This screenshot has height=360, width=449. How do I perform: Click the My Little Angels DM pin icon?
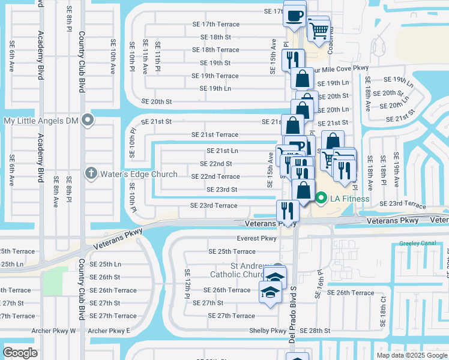(x=88, y=121)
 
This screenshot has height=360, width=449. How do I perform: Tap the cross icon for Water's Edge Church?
(x=91, y=174)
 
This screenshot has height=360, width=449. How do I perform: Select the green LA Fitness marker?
(x=321, y=198)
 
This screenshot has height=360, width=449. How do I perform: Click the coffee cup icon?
(x=294, y=16)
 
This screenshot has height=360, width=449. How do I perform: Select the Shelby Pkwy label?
(x=268, y=331)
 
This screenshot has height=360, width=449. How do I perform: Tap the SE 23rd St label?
(x=221, y=190)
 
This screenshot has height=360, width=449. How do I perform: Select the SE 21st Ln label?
(x=222, y=151)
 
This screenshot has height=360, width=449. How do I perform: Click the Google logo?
(x=20, y=353)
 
